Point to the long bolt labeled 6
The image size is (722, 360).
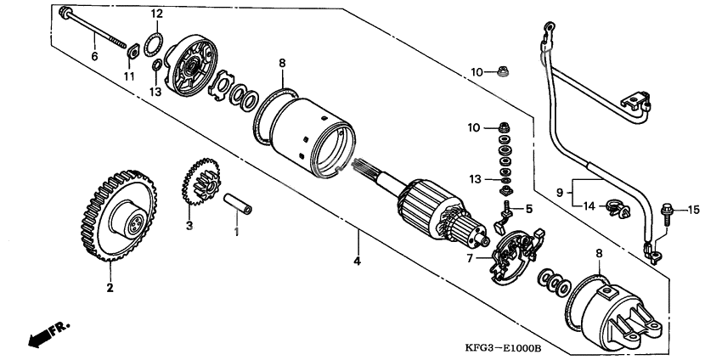(x=93, y=27)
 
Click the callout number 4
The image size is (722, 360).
(x=358, y=261)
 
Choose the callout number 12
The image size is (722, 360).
(x=156, y=14)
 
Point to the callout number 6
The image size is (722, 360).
(x=94, y=56)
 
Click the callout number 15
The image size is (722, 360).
(x=692, y=209)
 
